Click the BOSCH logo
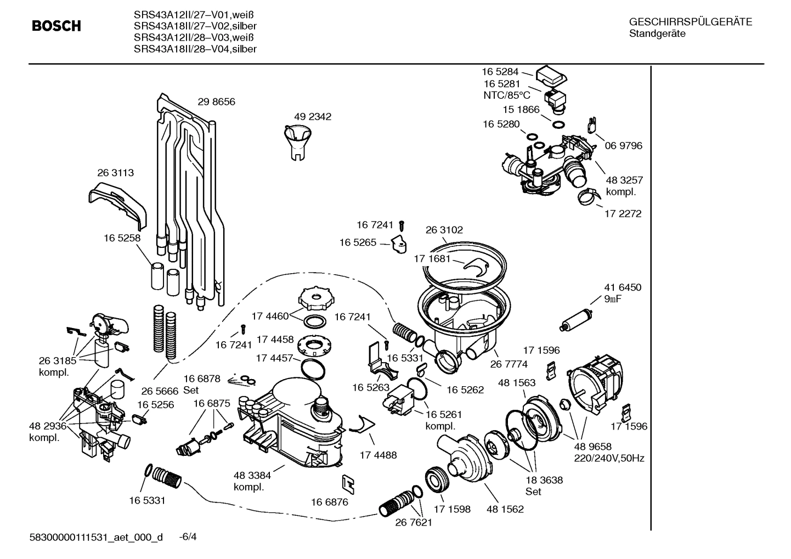(56, 26)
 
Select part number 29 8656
(216, 102)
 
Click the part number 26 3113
(115, 173)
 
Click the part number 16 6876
(329, 502)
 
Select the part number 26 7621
(414, 522)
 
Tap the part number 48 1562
(505, 509)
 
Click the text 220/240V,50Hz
(609, 459)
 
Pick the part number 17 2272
(623, 214)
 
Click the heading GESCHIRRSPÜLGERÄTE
(690, 22)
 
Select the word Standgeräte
(657, 34)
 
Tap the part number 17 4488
(378, 455)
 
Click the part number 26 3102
(444, 230)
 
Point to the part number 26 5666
(160, 391)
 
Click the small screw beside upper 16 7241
(402, 225)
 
